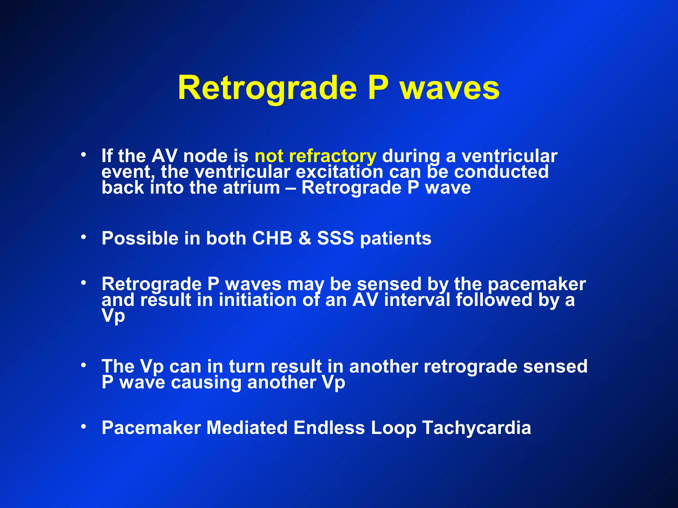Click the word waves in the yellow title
(x=450, y=88)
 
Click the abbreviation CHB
(x=272, y=238)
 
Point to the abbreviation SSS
(x=335, y=238)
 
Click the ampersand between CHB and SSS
(x=305, y=238)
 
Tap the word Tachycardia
(x=477, y=428)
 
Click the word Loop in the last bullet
(x=393, y=428)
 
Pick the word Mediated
(x=247, y=428)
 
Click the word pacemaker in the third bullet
(x=536, y=284)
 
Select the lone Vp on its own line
(x=113, y=316)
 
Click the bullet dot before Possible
(x=84, y=237)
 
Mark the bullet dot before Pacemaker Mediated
(x=84, y=426)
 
